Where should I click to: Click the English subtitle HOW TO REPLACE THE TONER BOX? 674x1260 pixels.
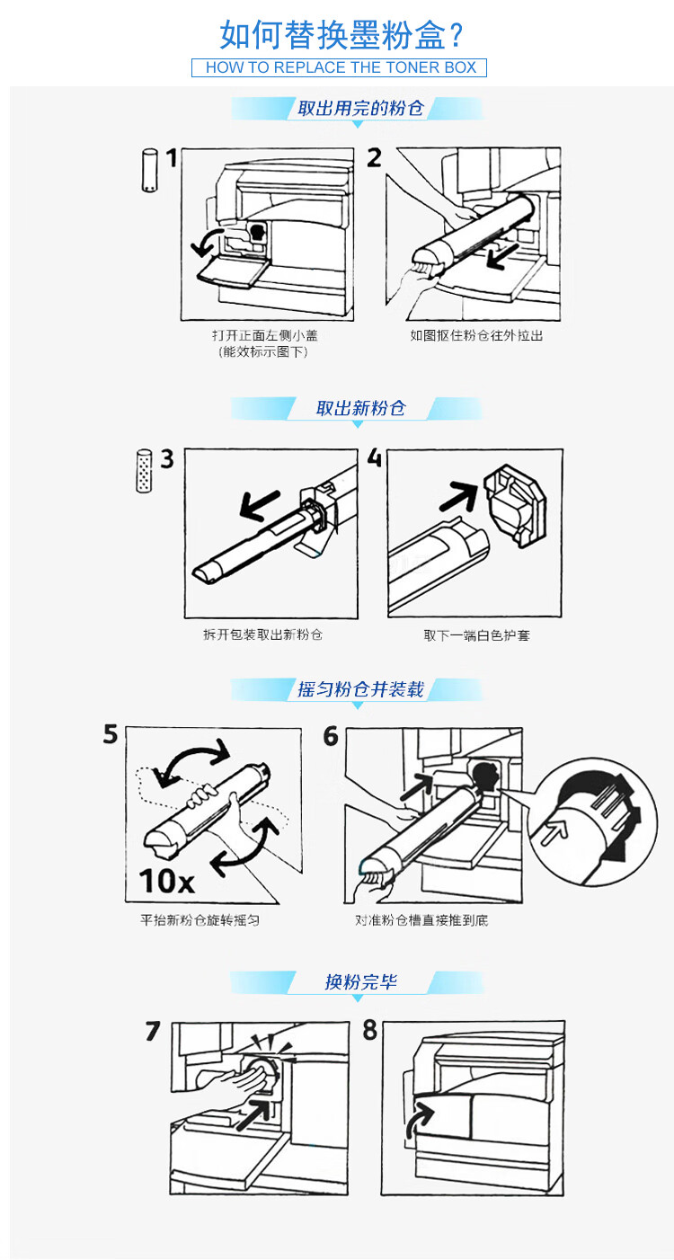341,67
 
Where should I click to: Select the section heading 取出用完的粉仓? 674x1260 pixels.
360,108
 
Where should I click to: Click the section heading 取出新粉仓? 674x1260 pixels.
360,408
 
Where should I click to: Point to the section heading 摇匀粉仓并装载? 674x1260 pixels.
360,689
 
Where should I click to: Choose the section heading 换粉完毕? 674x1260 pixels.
360,982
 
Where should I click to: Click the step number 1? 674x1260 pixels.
172,158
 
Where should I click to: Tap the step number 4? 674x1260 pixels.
374,457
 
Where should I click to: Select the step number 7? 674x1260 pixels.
153,1031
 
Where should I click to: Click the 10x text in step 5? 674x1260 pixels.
166,881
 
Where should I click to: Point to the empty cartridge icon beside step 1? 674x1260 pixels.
149,170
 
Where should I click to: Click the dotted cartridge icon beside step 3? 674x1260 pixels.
144,471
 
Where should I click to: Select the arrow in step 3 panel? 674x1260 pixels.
260,504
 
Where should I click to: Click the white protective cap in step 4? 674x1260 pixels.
514,505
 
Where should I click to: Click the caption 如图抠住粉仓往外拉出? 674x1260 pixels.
476,336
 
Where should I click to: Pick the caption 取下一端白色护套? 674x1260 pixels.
476,635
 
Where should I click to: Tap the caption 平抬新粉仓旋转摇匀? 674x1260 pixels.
200,920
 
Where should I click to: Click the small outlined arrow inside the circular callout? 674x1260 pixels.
554,830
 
